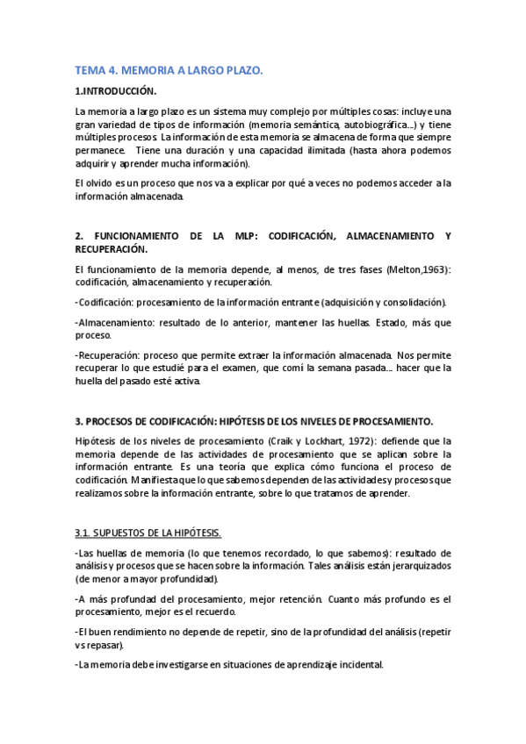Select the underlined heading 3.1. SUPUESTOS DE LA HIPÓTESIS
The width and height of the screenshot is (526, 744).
148,533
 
